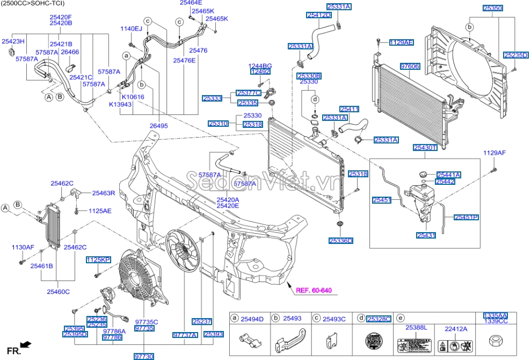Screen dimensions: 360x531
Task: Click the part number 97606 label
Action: coord(410,66)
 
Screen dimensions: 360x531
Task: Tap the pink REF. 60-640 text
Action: coord(314,291)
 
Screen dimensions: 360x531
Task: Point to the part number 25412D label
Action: coord(319,16)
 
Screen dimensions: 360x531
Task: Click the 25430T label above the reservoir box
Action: coord(425,147)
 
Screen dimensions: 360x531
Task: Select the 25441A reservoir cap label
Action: coord(449,175)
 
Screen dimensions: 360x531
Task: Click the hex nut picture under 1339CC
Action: coord(493,340)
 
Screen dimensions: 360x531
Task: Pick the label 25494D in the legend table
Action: coord(252,319)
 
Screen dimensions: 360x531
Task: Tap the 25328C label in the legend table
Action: coord(379,319)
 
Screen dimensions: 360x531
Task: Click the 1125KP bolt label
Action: coord(98,260)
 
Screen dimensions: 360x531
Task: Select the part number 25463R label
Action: coord(104,192)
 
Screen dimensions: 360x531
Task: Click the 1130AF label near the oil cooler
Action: coord(23,248)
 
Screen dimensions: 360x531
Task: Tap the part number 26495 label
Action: coord(159,126)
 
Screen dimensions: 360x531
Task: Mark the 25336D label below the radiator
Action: coord(340,241)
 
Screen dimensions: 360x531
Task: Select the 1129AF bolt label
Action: coord(494,153)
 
